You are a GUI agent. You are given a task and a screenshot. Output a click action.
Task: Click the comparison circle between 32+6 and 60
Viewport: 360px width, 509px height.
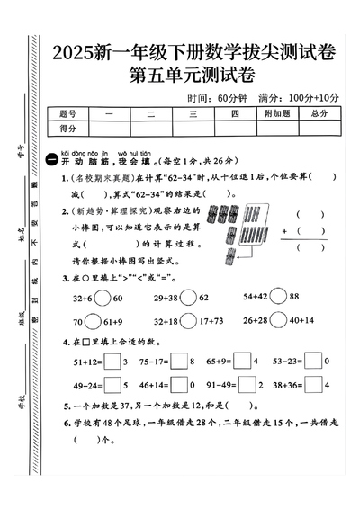pos(112,297)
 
